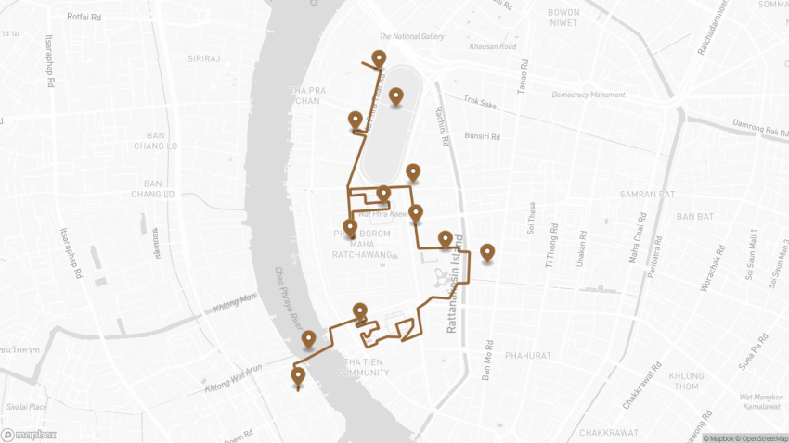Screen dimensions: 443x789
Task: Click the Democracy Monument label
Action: pos(589,95)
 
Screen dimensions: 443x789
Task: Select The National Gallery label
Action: pos(411,37)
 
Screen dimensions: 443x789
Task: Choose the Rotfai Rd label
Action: pos(84,17)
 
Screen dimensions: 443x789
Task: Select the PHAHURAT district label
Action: pos(529,355)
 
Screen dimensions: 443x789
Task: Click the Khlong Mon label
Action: pos(235,298)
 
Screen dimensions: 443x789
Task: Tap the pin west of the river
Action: pos(298,376)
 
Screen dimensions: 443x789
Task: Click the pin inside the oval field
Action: pos(396,95)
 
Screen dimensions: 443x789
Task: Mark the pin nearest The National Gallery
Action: pos(379,59)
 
